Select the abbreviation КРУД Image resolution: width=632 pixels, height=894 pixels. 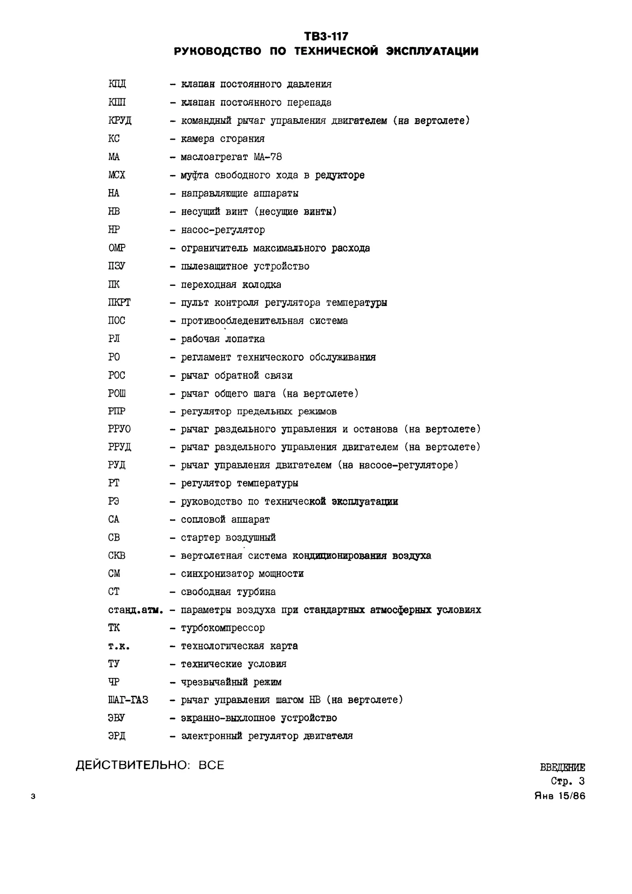click(x=120, y=121)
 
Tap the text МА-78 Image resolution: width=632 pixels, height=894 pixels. click(x=268, y=157)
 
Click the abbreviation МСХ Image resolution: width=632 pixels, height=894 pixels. click(x=116, y=175)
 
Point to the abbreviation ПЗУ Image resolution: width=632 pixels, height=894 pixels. click(x=116, y=266)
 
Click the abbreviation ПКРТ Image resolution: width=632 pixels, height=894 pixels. click(x=119, y=303)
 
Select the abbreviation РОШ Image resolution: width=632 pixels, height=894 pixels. click(x=117, y=393)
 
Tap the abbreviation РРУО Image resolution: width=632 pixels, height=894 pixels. click(x=119, y=429)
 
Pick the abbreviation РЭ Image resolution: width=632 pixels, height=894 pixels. click(x=114, y=501)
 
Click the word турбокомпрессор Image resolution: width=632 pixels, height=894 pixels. click(x=223, y=628)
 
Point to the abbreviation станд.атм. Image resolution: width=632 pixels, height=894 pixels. click(x=136, y=610)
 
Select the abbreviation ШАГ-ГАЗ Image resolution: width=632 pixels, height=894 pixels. click(x=128, y=700)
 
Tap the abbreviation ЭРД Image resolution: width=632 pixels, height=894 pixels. click(x=116, y=736)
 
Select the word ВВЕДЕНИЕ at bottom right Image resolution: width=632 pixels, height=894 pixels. click(x=562, y=768)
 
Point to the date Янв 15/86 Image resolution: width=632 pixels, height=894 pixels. click(x=560, y=796)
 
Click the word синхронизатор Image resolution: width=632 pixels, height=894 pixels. click(x=217, y=574)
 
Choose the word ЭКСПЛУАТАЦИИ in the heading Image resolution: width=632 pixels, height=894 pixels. click(x=432, y=51)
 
